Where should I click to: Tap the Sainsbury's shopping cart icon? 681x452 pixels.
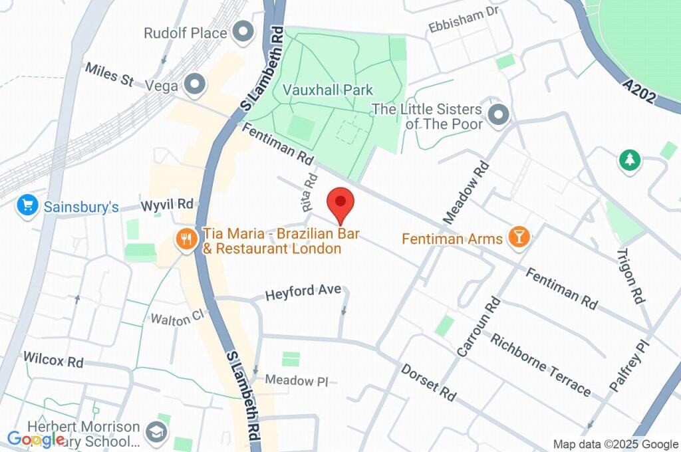27,206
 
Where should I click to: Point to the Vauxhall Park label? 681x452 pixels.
327,90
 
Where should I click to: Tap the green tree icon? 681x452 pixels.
628,160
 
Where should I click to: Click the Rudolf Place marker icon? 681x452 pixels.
244,31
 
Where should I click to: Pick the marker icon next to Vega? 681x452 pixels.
195,84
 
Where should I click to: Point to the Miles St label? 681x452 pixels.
108,74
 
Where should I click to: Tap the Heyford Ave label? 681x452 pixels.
303,292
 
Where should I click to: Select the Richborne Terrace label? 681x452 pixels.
540,364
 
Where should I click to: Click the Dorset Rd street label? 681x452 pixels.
429,382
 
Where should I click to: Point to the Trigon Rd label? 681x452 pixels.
631,276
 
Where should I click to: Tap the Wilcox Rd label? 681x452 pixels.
53,360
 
